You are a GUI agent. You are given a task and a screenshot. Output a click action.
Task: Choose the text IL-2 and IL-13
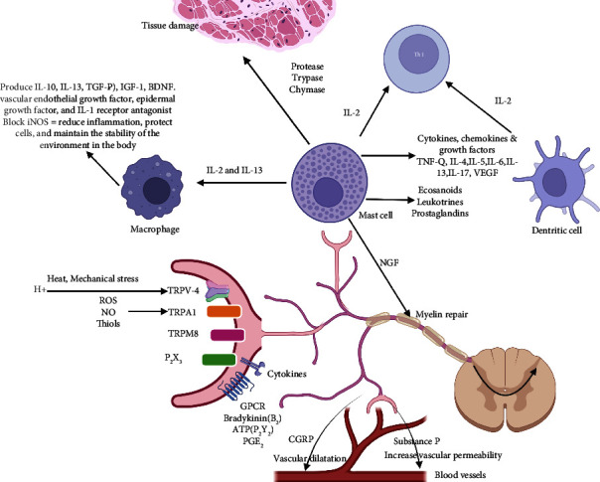coord(235,173)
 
